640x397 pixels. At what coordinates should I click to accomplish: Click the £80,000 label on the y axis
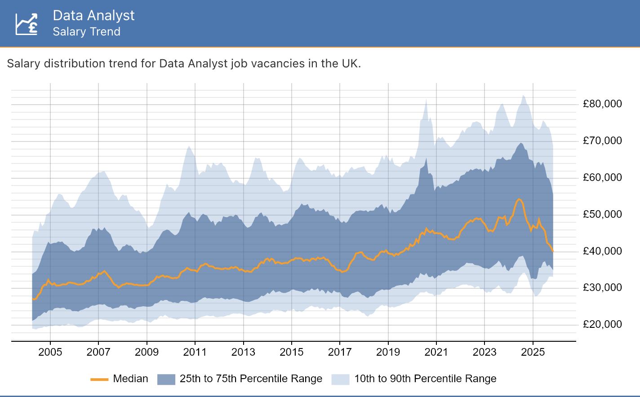click(602, 104)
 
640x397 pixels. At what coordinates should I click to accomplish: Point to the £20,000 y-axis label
click(602, 324)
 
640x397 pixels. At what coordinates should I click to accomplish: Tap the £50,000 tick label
click(602, 214)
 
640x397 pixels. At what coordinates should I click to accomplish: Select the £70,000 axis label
click(602, 141)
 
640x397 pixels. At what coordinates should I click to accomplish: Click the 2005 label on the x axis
click(50, 352)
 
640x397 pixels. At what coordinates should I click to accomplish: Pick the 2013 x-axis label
click(243, 352)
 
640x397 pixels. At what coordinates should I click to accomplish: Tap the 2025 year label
click(533, 352)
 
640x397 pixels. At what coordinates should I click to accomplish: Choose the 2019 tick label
click(388, 352)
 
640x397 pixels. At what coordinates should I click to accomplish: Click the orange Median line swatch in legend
click(99, 379)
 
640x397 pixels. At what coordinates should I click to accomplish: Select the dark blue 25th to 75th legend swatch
click(166, 379)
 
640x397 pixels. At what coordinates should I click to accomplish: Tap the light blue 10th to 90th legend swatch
click(340, 379)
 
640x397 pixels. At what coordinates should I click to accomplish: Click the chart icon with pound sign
click(27, 23)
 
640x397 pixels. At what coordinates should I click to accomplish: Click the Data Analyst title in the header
click(93, 15)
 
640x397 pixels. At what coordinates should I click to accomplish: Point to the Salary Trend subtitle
click(86, 32)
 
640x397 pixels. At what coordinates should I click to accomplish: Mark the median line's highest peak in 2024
click(519, 199)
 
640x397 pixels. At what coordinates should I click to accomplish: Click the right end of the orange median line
click(553, 251)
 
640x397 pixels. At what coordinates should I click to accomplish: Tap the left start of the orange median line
click(33, 299)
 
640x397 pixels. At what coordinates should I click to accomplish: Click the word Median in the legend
click(130, 379)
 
